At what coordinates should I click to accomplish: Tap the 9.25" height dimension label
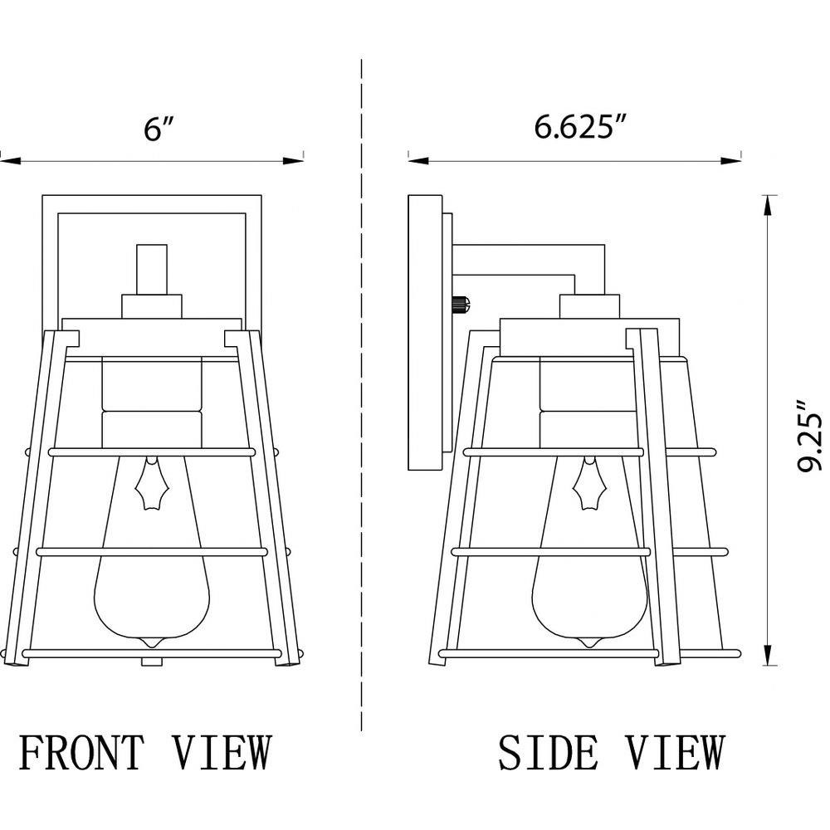(x=810, y=436)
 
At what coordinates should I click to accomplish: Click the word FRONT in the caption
(x=81, y=752)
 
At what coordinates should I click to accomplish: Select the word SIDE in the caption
(x=547, y=752)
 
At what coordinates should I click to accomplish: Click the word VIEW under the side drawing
(x=676, y=752)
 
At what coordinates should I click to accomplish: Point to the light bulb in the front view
(x=151, y=550)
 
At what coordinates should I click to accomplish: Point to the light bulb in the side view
(x=589, y=550)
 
